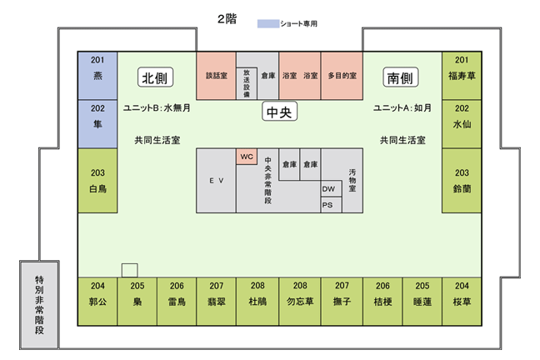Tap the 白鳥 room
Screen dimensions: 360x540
pos(97,181)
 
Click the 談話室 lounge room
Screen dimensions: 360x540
pos(216,76)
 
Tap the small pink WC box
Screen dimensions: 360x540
pos(246,157)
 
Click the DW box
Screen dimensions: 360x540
pos(328,189)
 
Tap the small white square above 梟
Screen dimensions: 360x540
pos(129,269)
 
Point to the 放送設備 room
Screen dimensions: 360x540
pos(246,83)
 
